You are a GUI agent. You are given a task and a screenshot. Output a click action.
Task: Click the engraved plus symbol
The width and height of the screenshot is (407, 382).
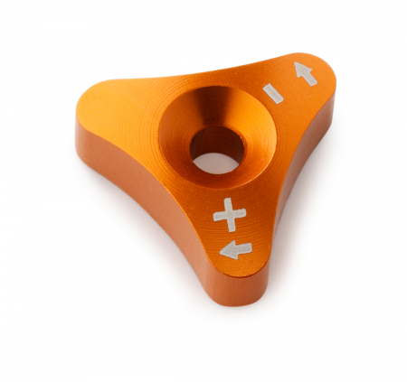(x=230, y=215)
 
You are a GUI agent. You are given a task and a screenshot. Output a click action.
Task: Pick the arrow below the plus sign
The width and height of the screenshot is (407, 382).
(x=236, y=250)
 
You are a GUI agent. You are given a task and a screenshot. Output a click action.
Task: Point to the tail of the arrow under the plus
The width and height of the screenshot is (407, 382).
(x=246, y=247)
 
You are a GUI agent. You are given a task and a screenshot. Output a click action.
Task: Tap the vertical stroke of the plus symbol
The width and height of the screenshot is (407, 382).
(x=230, y=215)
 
